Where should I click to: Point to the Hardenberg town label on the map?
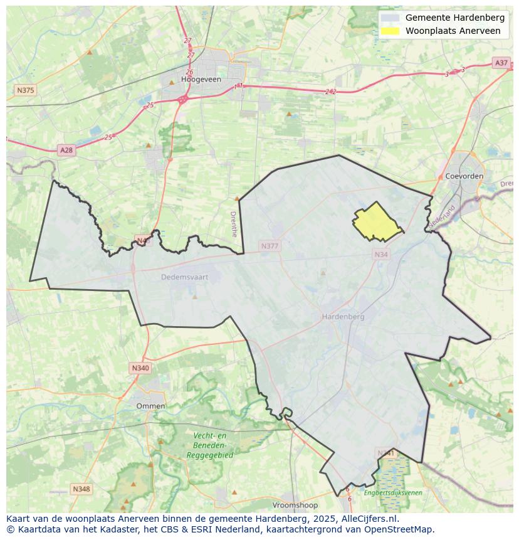click(x=343, y=317)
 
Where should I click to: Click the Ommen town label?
click(x=150, y=406)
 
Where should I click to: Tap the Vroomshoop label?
click(x=295, y=505)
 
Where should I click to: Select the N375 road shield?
click(x=25, y=90)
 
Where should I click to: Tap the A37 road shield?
click(x=501, y=63)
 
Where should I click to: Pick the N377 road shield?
click(x=269, y=246)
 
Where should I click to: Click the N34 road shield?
click(x=380, y=254)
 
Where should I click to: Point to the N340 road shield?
click(x=140, y=368)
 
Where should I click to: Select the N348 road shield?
click(x=81, y=489)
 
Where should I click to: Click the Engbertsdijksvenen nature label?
click(x=393, y=493)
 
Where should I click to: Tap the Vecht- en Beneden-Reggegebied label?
click(x=210, y=445)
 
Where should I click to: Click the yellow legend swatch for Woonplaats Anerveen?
click(x=390, y=31)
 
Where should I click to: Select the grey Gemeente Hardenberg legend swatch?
click(x=390, y=18)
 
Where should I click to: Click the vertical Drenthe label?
click(x=234, y=223)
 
